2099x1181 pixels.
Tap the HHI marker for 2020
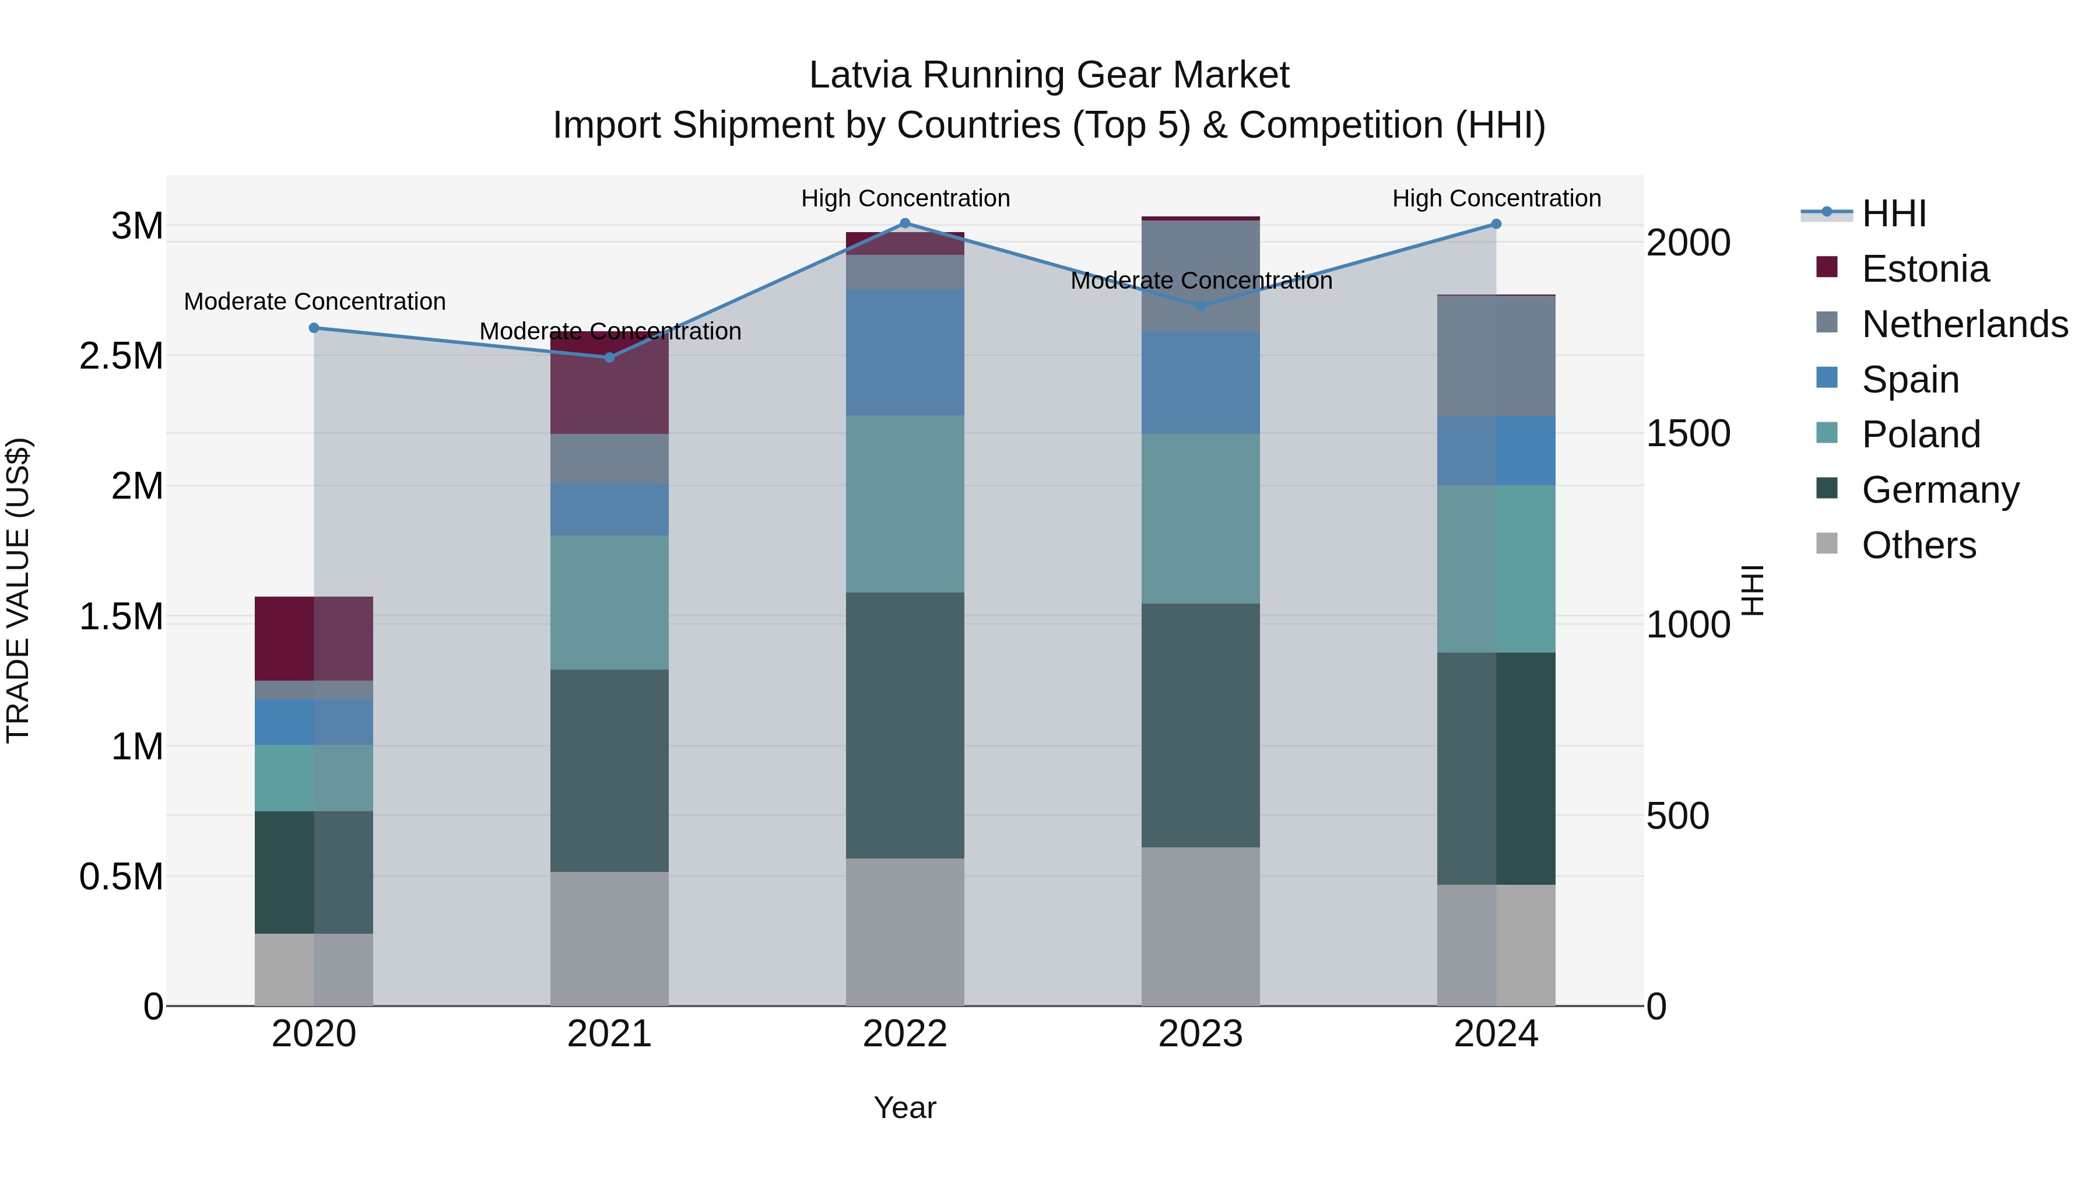tap(314, 328)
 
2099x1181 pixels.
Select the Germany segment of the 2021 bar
tap(609, 770)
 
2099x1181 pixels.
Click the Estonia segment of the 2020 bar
tap(314, 638)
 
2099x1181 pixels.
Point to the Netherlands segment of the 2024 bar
tap(1496, 356)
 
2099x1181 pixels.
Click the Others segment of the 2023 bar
tap(1201, 926)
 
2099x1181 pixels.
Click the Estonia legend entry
tap(1925, 269)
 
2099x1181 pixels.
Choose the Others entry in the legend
tap(1918, 545)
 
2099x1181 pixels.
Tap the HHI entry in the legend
tap(1894, 213)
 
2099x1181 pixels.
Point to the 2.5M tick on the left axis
tap(121, 356)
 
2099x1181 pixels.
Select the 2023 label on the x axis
tap(1201, 1034)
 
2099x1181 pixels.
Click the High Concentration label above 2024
tap(1496, 198)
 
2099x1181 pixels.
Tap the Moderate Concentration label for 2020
tap(314, 302)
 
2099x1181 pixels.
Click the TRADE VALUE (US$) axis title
tap(18, 590)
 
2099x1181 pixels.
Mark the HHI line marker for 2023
tap(1201, 306)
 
